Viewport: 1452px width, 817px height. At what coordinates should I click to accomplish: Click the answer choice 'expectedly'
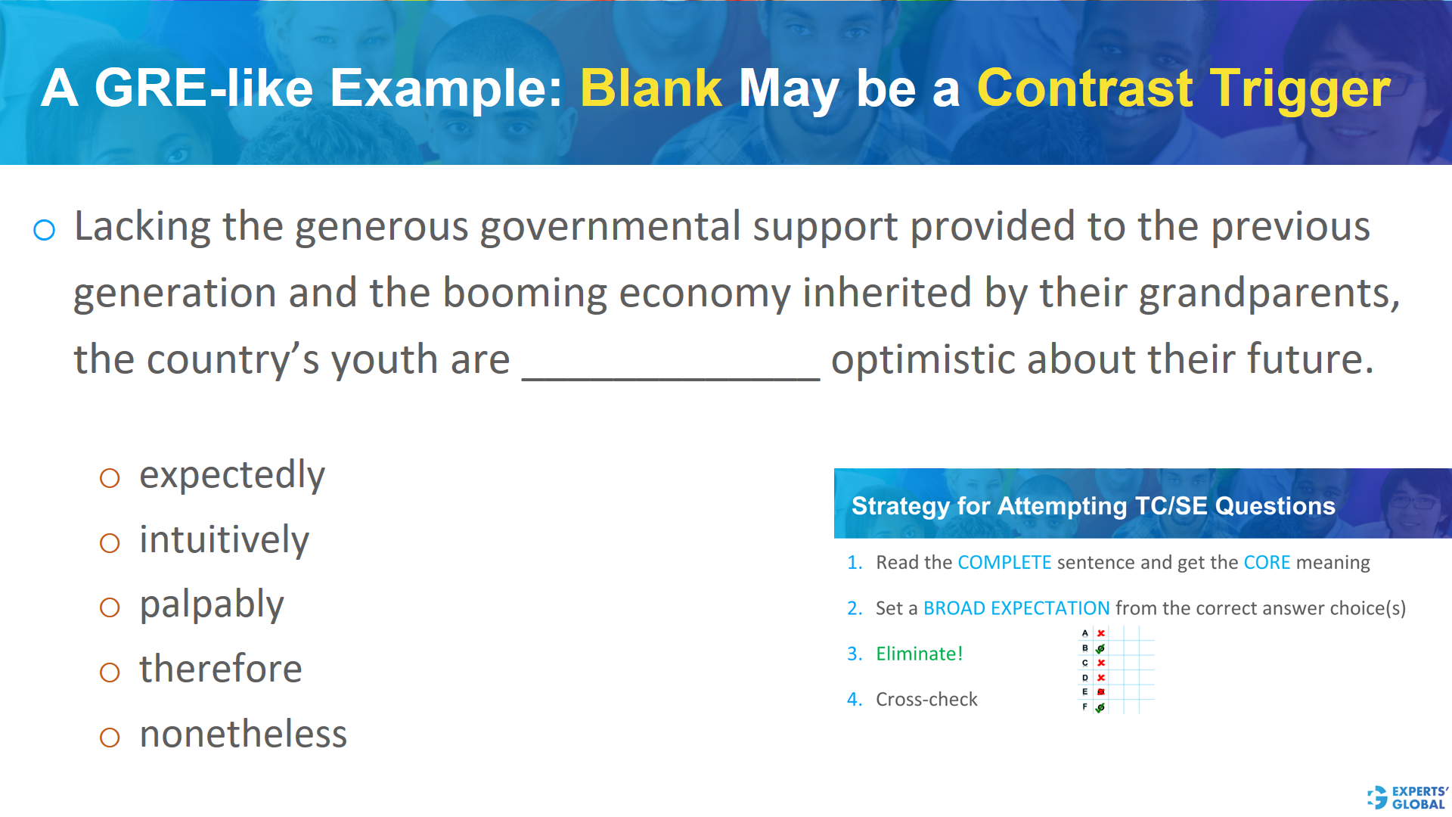(231, 475)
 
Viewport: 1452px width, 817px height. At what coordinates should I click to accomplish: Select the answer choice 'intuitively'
(224, 540)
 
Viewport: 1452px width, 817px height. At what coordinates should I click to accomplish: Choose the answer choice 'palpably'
(212, 605)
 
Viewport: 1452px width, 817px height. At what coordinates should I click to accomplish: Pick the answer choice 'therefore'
(221, 669)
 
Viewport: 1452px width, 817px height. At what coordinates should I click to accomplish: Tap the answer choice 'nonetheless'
(243, 735)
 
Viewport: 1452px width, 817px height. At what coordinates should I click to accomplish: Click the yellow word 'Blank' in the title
(651, 88)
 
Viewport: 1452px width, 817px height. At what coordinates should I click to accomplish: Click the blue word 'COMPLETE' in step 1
(1004, 563)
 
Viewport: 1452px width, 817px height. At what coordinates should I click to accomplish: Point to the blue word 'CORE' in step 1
(1267, 563)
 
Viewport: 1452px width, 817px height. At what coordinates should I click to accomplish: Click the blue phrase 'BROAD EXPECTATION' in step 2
(1016, 608)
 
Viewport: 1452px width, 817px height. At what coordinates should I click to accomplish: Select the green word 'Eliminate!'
(919, 654)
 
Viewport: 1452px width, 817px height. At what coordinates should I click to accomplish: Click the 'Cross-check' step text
(926, 700)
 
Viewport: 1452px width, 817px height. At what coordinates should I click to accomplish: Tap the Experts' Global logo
(1407, 797)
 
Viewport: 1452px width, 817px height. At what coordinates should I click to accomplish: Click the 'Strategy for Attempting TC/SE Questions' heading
(1093, 505)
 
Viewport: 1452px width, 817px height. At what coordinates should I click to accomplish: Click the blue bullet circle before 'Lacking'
(45, 230)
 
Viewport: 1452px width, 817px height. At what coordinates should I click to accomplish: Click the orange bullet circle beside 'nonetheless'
(110, 738)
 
